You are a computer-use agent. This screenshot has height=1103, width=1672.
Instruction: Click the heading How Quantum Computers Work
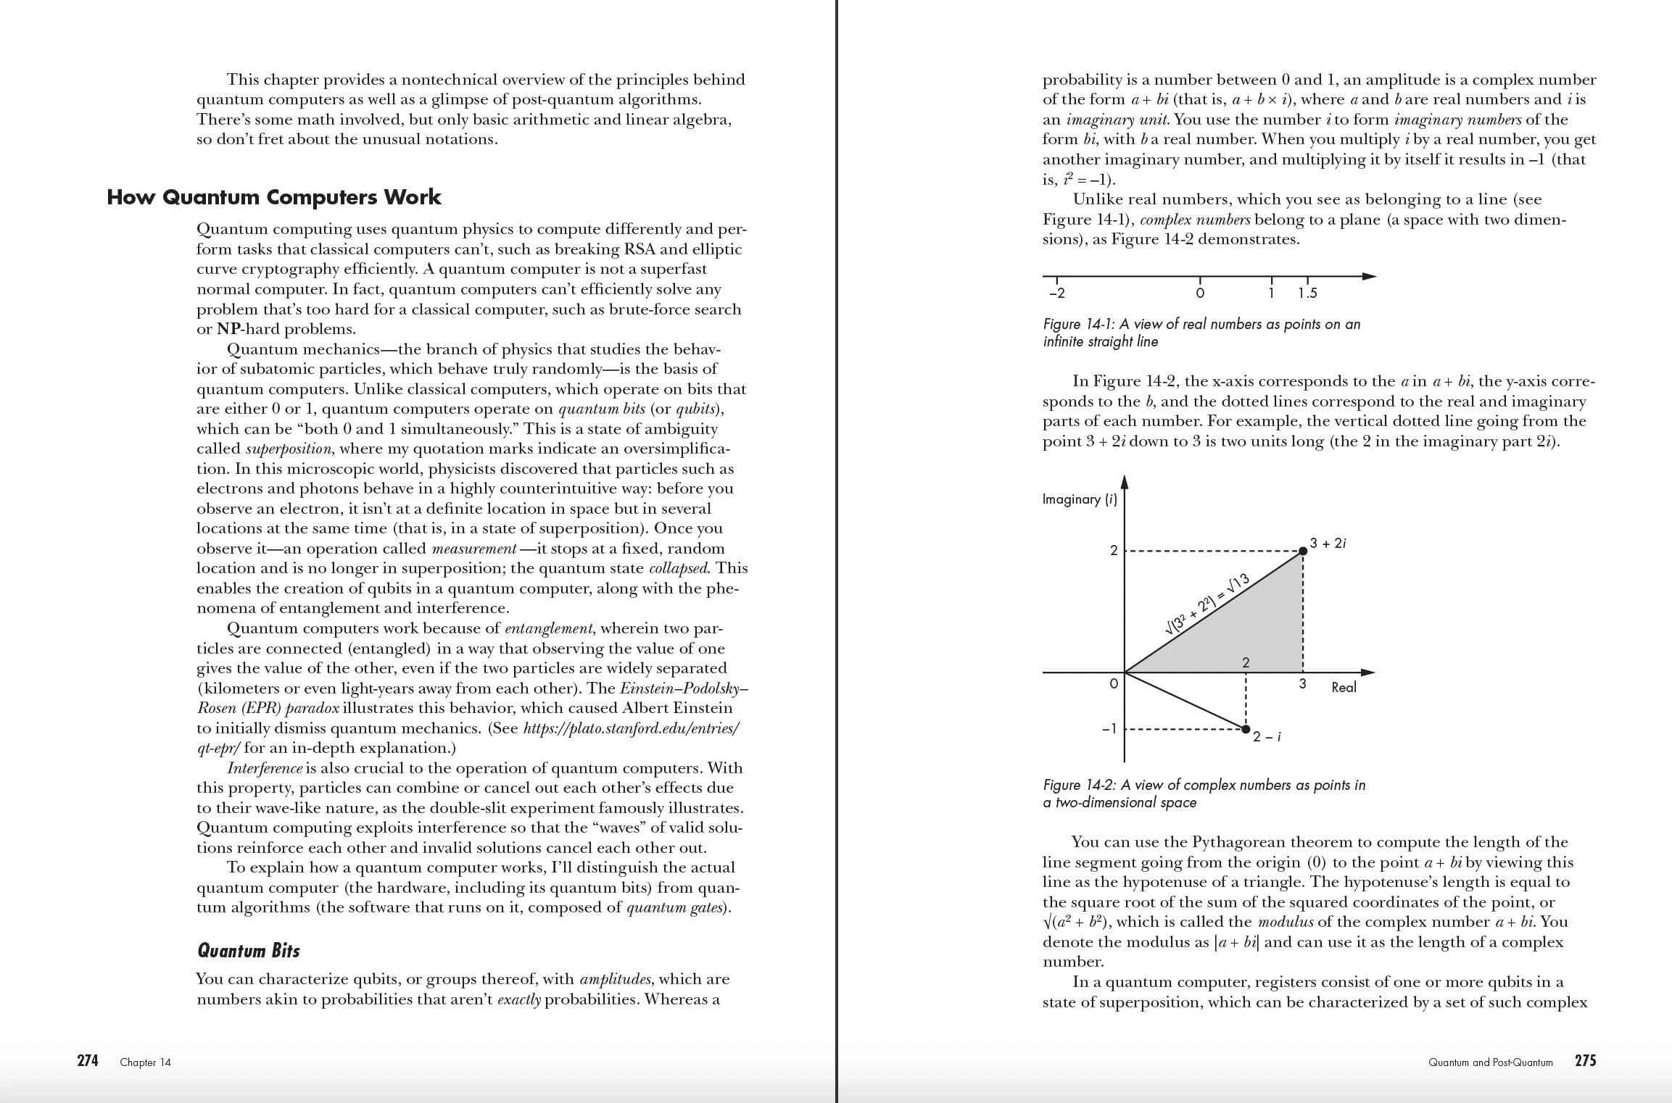[273, 197]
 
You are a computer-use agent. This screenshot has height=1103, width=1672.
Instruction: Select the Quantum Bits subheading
[248, 951]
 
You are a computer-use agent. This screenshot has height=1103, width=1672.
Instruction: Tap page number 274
[88, 1061]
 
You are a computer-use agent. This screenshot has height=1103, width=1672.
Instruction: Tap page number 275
[1586, 1061]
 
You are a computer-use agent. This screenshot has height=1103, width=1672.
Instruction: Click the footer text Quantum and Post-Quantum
[1490, 1062]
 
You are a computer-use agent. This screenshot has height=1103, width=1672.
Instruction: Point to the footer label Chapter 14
[146, 1062]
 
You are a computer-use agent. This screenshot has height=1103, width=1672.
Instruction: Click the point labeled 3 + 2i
[1303, 551]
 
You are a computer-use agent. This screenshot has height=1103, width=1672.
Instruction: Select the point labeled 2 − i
[1246, 728]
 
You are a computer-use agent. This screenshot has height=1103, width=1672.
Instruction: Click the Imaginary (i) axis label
[1079, 499]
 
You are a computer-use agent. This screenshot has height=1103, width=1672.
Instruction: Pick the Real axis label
[1344, 687]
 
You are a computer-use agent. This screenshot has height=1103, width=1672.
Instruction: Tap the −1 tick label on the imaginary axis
[1109, 728]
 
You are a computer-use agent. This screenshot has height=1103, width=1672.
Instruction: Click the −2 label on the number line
[1057, 294]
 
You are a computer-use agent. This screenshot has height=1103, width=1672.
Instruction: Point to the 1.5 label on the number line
[1307, 294]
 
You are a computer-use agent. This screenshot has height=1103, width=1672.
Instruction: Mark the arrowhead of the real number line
[1369, 276]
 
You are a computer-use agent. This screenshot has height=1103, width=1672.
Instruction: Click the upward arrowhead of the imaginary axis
[1125, 483]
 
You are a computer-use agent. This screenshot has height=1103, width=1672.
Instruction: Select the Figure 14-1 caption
[1201, 333]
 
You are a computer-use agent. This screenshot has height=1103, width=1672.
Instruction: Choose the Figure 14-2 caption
[1204, 794]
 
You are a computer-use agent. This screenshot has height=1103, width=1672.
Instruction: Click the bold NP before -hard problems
[229, 329]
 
